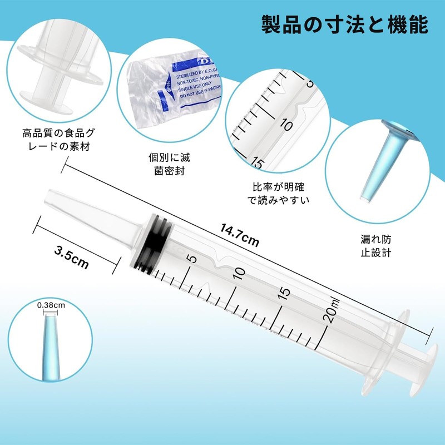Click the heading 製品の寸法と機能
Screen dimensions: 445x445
[x=344, y=24]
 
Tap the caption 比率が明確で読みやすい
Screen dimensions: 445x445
[x=278, y=193]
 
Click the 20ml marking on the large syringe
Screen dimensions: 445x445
[x=332, y=309]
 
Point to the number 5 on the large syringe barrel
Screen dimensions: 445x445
[x=191, y=259]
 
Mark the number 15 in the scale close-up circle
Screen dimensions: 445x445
[x=257, y=162]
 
